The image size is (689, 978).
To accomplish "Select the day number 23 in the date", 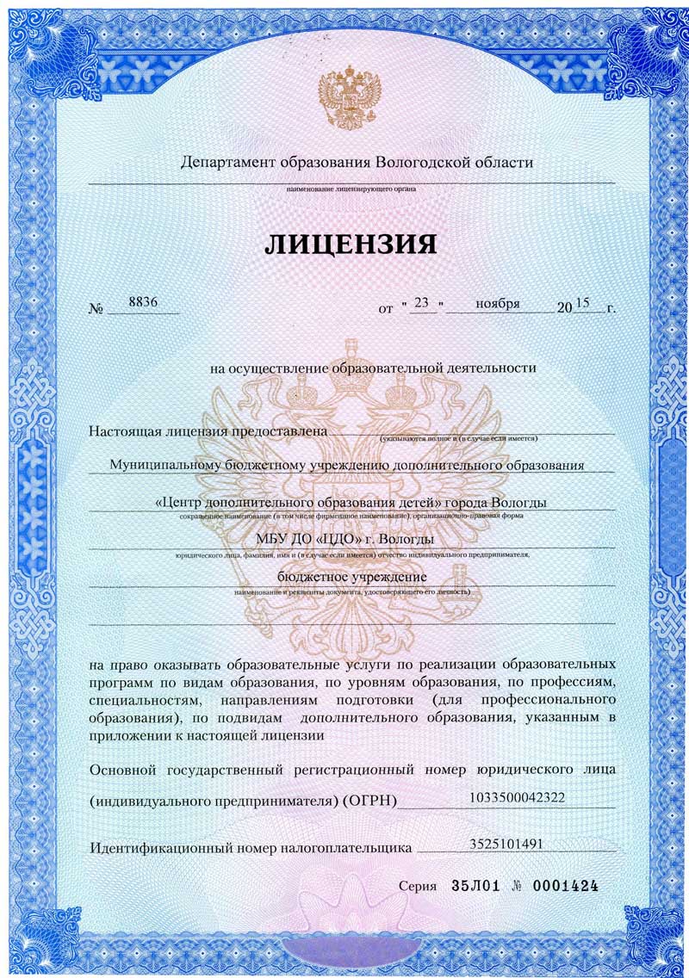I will click(x=421, y=302).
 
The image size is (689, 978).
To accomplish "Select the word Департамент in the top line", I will click(x=226, y=162).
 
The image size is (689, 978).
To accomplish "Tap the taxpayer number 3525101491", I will click(x=505, y=843).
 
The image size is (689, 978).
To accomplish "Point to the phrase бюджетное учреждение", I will click(x=351, y=575).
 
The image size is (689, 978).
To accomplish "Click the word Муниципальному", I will click(x=164, y=465).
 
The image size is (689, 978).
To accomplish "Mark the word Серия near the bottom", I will click(x=419, y=886).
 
